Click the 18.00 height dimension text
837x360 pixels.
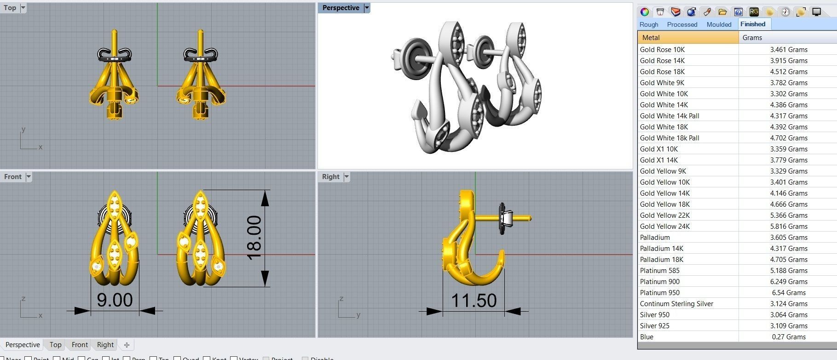pos(254,238)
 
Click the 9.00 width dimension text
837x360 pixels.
pos(115,300)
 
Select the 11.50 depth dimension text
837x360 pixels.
pos(473,301)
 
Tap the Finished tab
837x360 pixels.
pos(753,24)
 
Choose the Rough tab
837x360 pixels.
pos(649,24)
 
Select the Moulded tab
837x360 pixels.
pos(719,24)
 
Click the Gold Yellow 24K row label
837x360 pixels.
pos(664,226)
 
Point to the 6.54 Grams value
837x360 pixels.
pos(789,292)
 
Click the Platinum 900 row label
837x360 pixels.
pos(659,281)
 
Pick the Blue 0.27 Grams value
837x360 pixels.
pos(789,337)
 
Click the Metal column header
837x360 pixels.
pos(651,38)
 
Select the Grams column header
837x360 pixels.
pos(752,38)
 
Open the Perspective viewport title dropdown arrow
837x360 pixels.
pos(367,8)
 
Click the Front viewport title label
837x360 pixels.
pos(13,177)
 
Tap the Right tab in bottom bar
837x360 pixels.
pos(105,344)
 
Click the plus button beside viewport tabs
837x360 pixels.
pos(127,345)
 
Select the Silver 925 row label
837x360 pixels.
pos(654,325)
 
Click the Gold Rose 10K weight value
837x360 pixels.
pos(789,49)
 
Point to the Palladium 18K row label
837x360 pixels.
pos(661,259)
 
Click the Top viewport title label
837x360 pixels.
pos(10,8)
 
